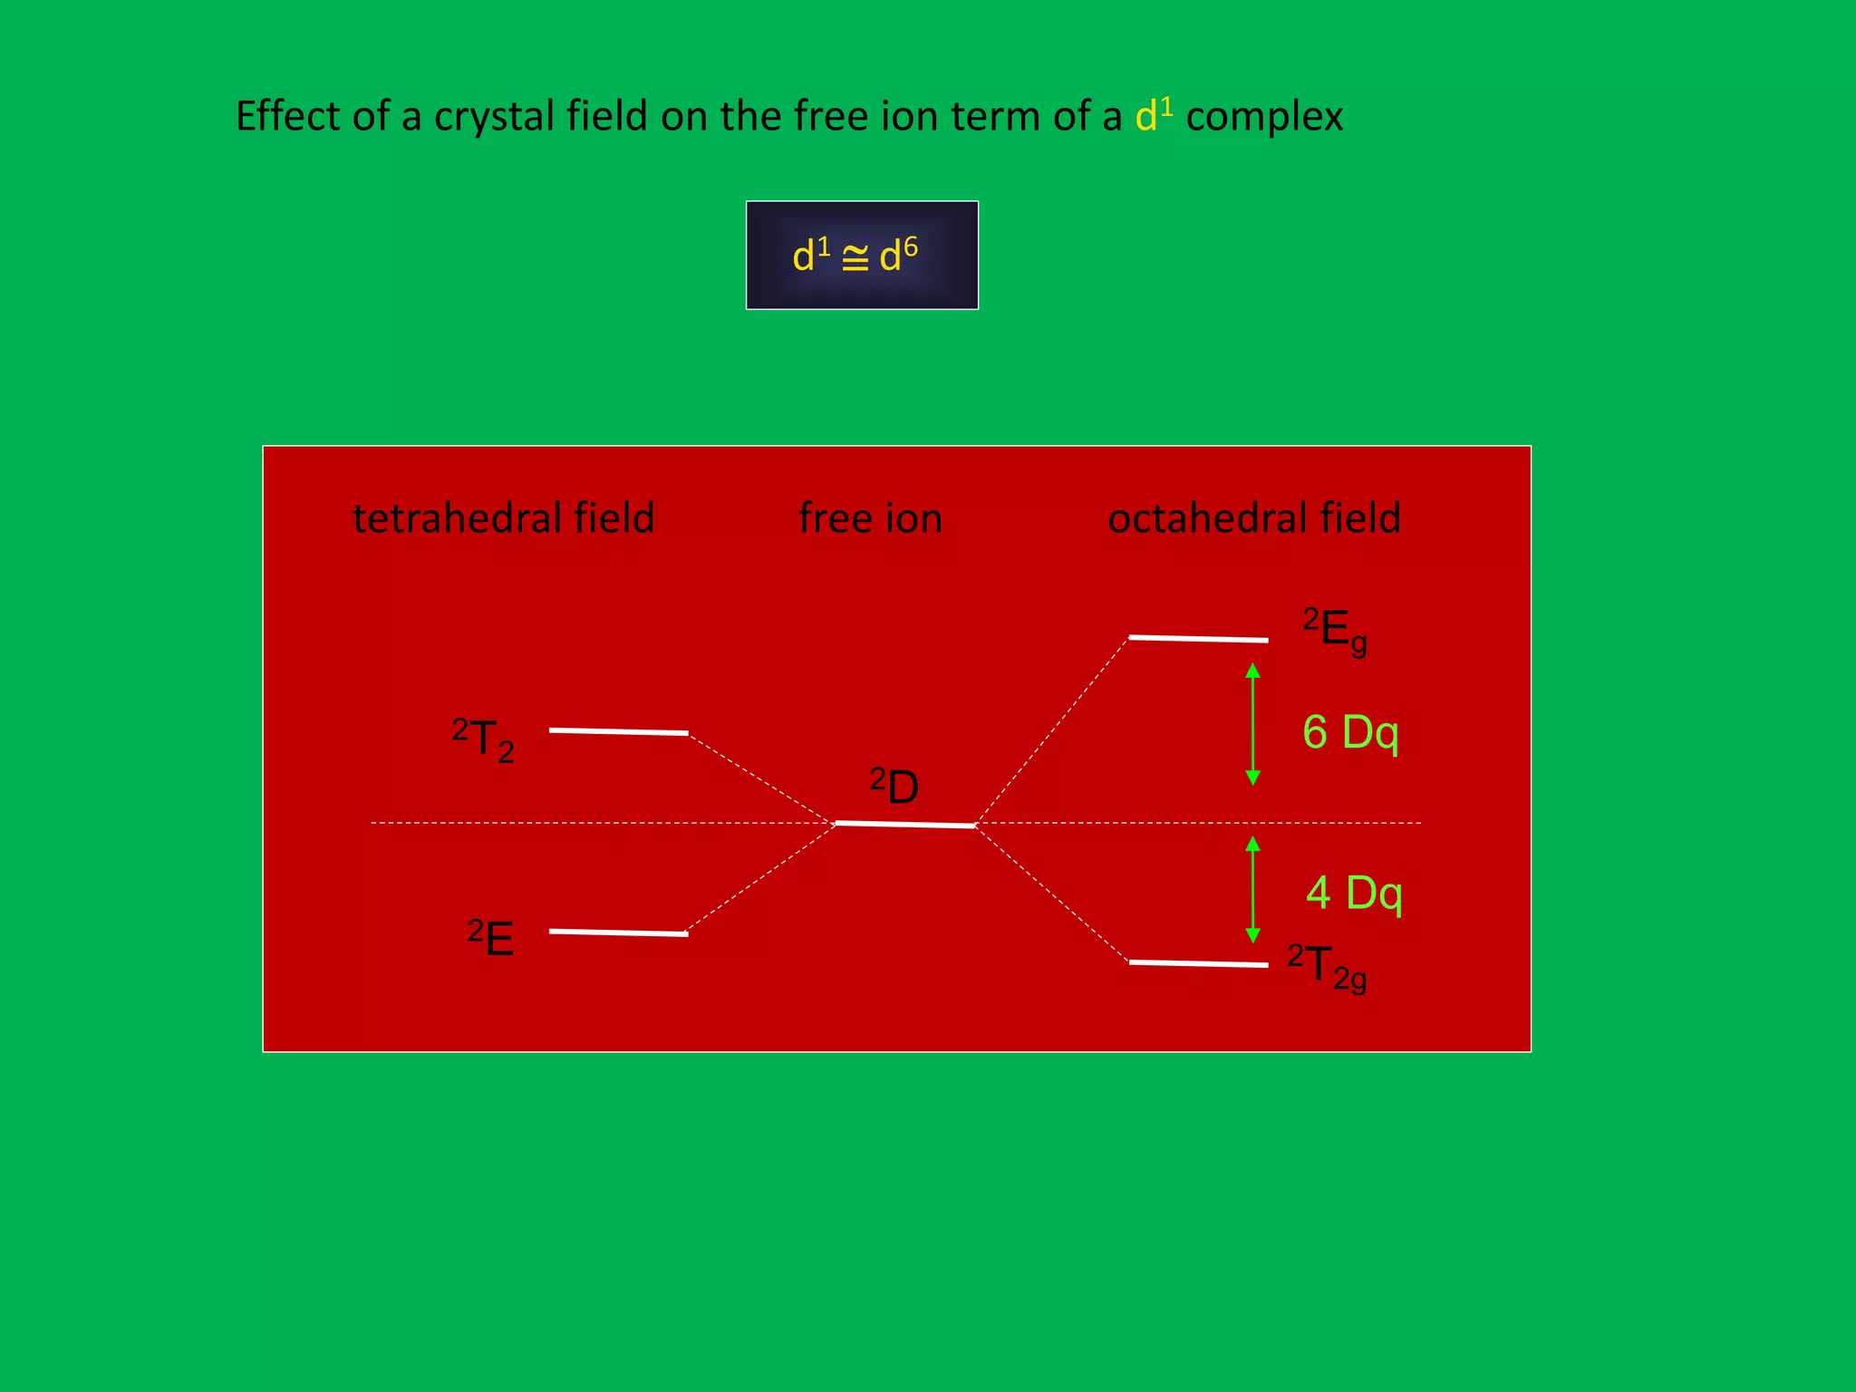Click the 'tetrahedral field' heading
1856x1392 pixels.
click(503, 518)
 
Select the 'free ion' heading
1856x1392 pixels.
click(870, 518)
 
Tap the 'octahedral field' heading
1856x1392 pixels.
click(1254, 518)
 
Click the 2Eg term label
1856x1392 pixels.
click(1335, 631)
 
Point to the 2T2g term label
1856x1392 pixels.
click(1327, 967)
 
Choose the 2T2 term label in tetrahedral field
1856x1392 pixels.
click(483, 739)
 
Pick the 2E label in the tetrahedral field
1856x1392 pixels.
click(491, 938)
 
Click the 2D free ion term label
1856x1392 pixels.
click(894, 786)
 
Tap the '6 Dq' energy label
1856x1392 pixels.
click(1350, 732)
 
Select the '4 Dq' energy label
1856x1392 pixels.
click(1354, 894)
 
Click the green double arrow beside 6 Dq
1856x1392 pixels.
click(1252, 723)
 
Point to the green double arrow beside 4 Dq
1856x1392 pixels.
click(1252, 889)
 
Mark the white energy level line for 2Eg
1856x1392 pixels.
click(1198, 639)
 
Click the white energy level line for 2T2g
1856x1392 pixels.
click(1198, 963)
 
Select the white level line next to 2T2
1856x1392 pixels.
click(618, 731)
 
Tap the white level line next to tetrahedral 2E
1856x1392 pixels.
click(618, 933)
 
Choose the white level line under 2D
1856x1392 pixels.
click(904, 825)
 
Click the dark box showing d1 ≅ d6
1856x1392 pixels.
click(862, 255)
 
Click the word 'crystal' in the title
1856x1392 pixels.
click(494, 117)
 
